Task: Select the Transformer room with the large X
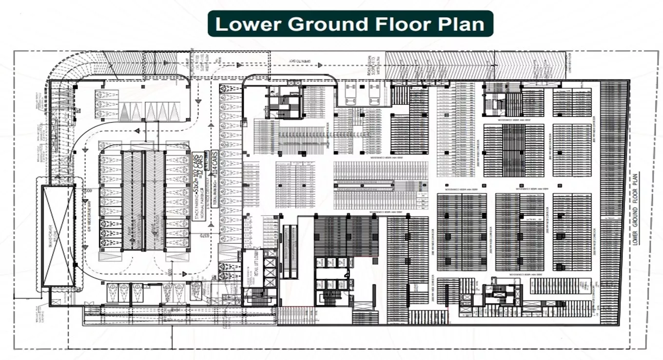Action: coord(58,236)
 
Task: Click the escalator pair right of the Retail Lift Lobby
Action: coord(290,251)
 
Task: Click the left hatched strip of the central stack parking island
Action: coord(133,200)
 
